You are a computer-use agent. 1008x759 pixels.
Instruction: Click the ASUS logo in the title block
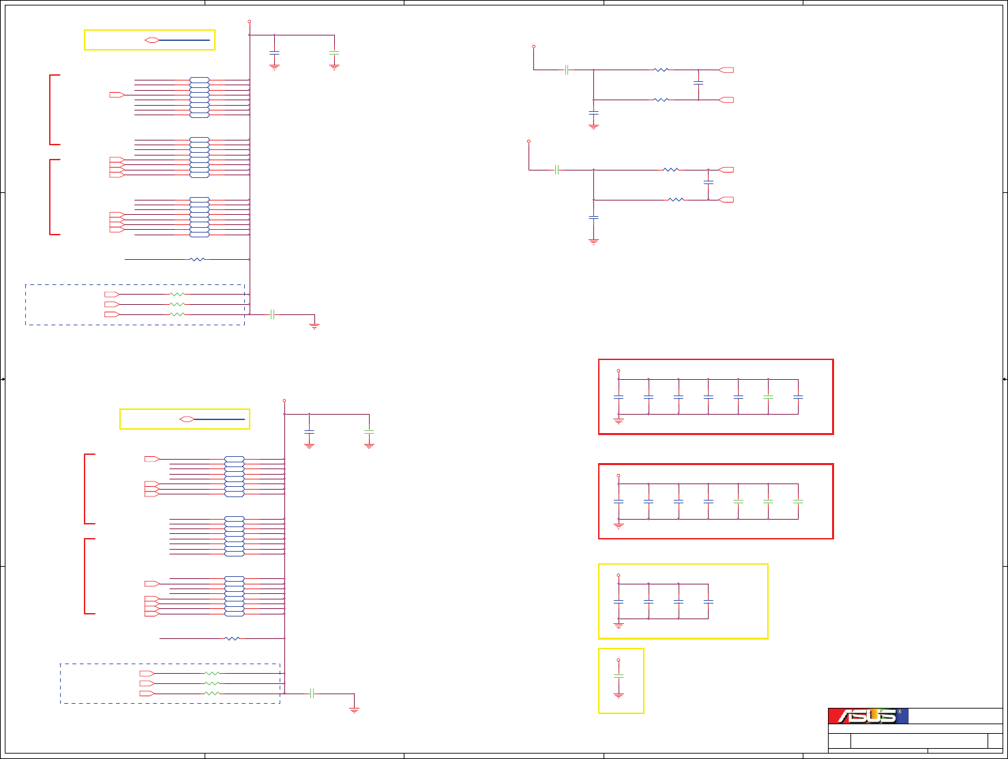(x=867, y=716)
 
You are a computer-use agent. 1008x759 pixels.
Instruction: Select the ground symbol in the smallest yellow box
(x=619, y=695)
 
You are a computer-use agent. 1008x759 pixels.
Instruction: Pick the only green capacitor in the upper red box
(x=768, y=396)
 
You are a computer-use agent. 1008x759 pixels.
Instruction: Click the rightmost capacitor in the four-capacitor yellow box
(x=709, y=601)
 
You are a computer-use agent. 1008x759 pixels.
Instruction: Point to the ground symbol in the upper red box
(x=619, y=421)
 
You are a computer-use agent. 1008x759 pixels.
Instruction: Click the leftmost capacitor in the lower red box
(x=619, y=501)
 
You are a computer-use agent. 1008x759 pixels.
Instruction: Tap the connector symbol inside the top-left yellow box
(x=152, y=40)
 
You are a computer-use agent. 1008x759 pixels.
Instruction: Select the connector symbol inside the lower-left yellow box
(x=187, y=419)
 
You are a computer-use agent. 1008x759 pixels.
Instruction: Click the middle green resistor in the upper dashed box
(x=177, y=304)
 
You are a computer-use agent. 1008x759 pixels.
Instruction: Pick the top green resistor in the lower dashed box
(x=212, y=673)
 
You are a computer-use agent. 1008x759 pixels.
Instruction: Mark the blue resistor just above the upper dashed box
(x=197, y=259)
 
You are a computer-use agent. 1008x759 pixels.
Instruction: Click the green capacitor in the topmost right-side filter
(x=567, y=70)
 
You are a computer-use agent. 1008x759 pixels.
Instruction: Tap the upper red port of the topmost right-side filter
(x=727, y=70)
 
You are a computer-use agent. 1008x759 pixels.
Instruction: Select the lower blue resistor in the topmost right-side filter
(x=661, y=100)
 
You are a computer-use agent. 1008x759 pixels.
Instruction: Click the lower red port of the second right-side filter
(x=727, y=200)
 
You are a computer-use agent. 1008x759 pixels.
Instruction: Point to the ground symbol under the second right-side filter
(x=593, y=241)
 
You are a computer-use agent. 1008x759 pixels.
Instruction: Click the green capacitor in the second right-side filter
(x=557, y=170)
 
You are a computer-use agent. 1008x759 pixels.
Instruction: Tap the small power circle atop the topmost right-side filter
(x=533, y=47)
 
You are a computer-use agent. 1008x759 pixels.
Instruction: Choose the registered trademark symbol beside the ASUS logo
(x=900, y=712)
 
